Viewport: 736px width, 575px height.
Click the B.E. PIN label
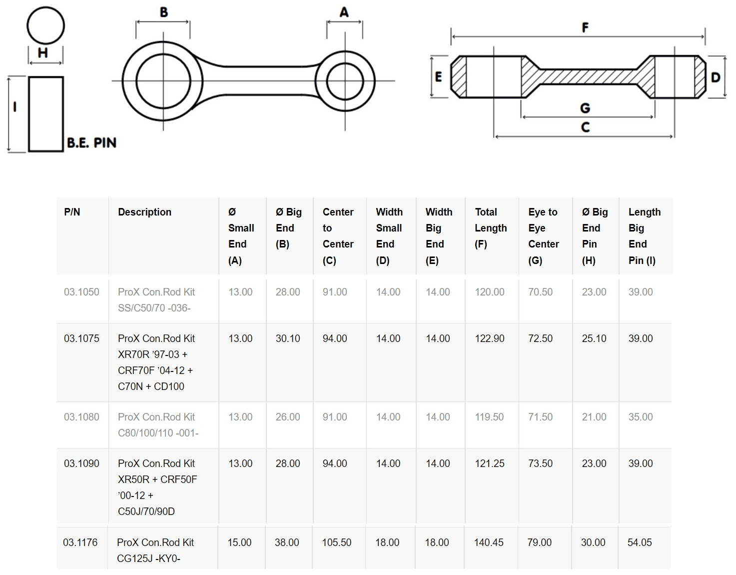(x=91, y=142)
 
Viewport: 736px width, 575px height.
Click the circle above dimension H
(x=45, y=25)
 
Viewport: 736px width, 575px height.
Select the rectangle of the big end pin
(x=45, y=114)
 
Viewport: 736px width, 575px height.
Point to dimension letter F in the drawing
(x=585, y=27)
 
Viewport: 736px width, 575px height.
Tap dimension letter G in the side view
(x=585, y=108)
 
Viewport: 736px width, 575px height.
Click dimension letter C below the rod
(x=585, y=127)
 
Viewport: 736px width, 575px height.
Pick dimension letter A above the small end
(x=344, y=12)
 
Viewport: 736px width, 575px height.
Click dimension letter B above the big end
(x=164, y=12)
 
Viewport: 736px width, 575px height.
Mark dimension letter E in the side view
(x=438, y=76)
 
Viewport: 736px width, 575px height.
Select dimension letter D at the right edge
(x=716, y=77)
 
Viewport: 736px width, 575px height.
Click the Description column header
(x=144, y=212)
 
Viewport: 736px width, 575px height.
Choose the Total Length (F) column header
(x=491, y=228)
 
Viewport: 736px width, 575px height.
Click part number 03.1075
(x=81, y=338)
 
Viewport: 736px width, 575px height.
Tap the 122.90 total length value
(x=489, y=338)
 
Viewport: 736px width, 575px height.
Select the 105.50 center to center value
(x=336, y=542)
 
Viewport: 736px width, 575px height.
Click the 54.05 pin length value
(x=640, y=542)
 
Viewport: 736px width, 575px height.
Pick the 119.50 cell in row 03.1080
(x=489, y=417)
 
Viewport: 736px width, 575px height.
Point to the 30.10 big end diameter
(x=288, y=338)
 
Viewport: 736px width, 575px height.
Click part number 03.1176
(x=80, y=542)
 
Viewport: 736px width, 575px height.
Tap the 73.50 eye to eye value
(x=540, y=463)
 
